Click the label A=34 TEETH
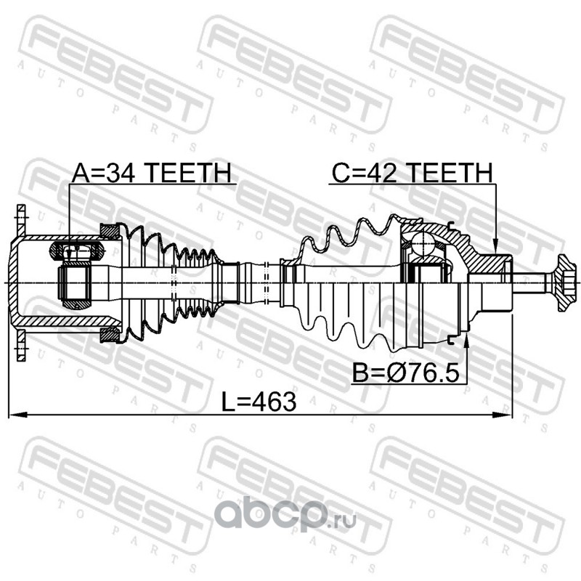(x=151, y=172)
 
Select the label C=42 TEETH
(x=412, y=173)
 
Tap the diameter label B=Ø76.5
(x=405, y=373)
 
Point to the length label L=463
(x=259, y=402)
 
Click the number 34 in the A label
(x=120, y=173)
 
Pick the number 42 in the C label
(x=381, y=173)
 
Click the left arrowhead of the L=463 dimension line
(x=17, y=414)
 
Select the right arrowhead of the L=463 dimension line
(x=503, y=415)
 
